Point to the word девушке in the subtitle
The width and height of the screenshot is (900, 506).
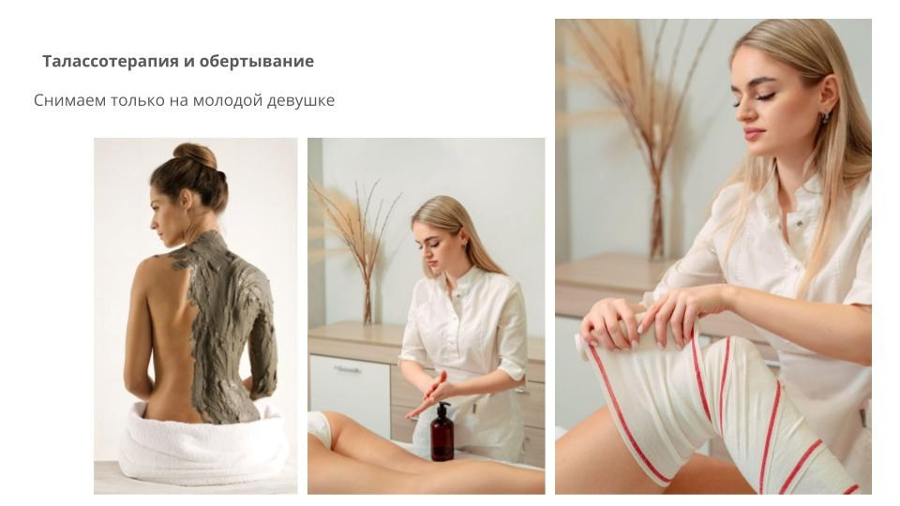[x=302, y=100]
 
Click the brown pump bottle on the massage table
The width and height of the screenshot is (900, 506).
[x=442, y=432]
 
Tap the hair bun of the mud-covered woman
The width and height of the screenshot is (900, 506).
[x=195, y=155]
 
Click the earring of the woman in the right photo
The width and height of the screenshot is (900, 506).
[x=825, y=117]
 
